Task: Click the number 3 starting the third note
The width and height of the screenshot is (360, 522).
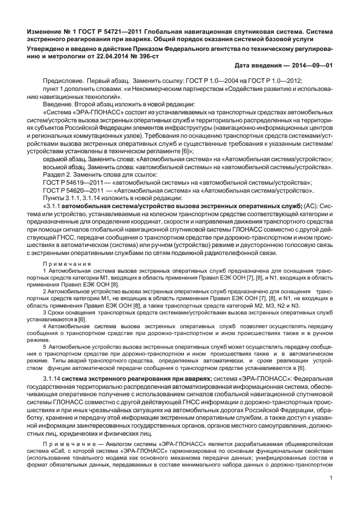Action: [45, 313]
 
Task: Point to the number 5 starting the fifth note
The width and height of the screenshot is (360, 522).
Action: [45, 346]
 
